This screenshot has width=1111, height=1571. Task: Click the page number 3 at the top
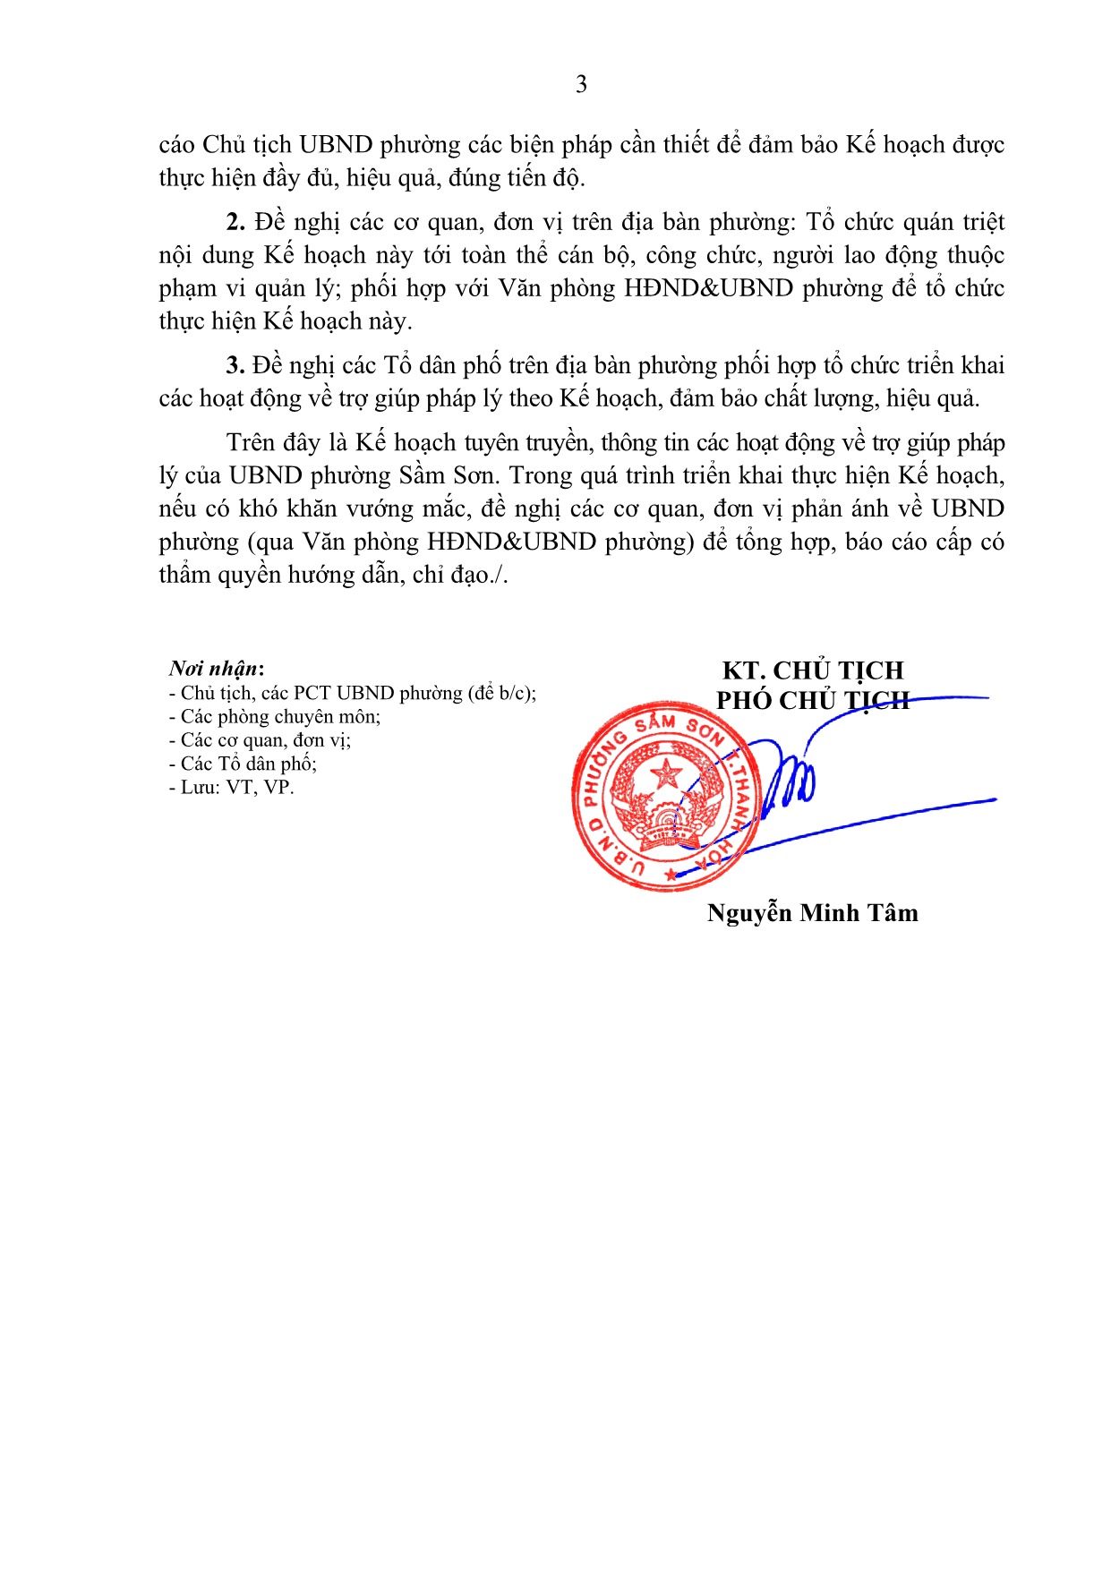pyautogui.click(x=581, y=84)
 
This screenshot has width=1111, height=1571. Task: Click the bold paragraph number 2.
pyautogui.click(x=235, y=222)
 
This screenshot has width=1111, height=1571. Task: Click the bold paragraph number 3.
pyautogui.click(x=235, y=365)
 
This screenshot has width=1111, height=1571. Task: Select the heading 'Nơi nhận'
pyautogui.click(x=216, y=669)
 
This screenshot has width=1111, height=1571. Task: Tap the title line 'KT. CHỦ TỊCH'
pyautogui.click(x=813, y=670)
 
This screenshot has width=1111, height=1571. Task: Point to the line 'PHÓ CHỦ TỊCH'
pyautogui.click(x=812, y=700)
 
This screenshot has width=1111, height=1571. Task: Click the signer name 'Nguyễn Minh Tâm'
pyautogui.click(x=812, y=913)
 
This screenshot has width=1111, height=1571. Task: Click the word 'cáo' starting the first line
pyautogui.click(x=176, y=145)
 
